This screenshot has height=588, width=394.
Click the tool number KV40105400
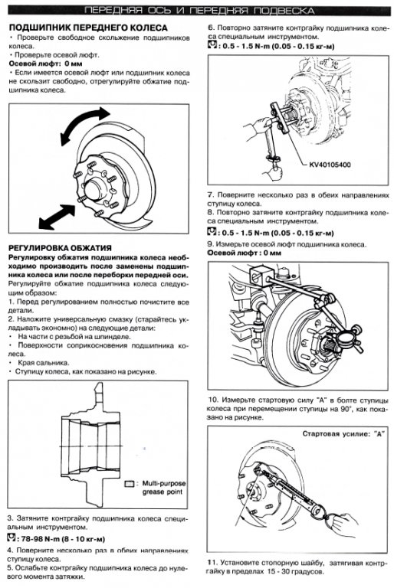330,165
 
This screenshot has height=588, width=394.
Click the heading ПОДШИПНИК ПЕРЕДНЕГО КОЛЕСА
88,28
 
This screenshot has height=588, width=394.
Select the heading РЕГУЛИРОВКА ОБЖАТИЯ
60,248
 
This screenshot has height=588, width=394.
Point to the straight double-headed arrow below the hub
57,217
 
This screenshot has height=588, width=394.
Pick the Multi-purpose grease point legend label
163,487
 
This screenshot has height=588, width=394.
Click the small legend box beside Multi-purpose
130,484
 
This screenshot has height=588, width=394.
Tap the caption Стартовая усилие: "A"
344,433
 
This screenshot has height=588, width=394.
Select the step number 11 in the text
212,563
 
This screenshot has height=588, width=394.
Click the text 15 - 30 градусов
296,571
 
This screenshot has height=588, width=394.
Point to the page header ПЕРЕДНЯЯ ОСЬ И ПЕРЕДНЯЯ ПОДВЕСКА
199,11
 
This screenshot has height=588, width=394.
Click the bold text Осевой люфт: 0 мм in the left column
45,64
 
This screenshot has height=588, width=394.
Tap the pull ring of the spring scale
323,512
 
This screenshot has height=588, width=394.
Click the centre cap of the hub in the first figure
93,190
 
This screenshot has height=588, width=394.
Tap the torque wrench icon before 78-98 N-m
12,538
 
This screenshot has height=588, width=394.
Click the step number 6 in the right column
210,28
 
